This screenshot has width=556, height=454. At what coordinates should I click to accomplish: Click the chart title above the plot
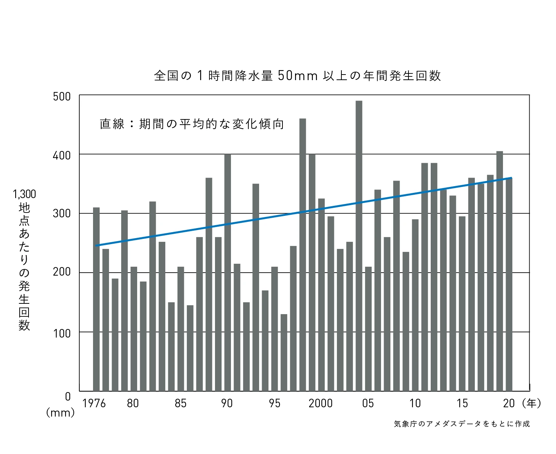tap(297, 76)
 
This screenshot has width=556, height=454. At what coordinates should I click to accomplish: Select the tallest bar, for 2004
tap(359, 246)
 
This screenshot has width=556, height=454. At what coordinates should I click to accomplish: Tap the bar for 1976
tap(96, 299)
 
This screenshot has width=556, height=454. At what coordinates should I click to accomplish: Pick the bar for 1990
tap(228, 272)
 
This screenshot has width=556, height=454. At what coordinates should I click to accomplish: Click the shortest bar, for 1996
tap(284, 352)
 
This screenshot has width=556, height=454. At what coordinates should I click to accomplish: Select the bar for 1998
tap(302, 254)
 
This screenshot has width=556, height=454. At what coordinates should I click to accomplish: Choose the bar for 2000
tap(321, 295)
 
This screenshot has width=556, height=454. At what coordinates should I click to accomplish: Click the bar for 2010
tap(415, 305)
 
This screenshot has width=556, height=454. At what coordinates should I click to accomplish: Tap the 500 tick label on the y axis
tap(62, 97)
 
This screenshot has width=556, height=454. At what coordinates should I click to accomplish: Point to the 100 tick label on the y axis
tap(62, 333)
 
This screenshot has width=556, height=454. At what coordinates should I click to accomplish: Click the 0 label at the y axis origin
tap(67, 397)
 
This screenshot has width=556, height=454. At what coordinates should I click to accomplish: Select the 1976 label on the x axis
tap(94, 403)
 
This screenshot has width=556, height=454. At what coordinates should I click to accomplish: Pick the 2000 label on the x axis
tap(321, 403)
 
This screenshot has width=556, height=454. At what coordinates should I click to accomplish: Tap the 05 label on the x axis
tap(368, 403)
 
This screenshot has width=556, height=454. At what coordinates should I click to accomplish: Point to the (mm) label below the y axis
tap(60, 412)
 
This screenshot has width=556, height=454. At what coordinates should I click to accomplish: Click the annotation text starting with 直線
tap(192, 124)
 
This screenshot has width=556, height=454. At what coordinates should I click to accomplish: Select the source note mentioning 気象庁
tap(461, 424)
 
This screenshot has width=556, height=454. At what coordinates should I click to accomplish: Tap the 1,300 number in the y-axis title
tap(24, 194)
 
